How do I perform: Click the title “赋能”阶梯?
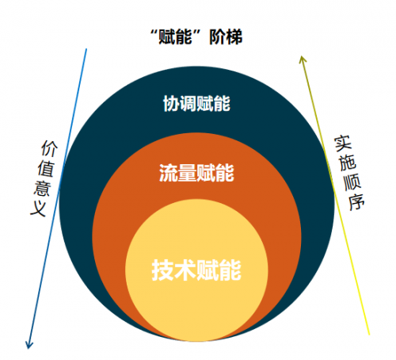coord(196,37)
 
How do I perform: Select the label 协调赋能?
coord(196,104)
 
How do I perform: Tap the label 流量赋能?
coord(196,173)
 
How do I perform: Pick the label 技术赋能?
coord(196,270)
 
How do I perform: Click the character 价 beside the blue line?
coord(49,148)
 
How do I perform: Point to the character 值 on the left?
coord(46,169)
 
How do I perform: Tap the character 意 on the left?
coord(42,189)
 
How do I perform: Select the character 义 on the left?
coord(39,209)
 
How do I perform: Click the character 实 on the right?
coord(343,144)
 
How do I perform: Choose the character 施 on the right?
coord(348,163)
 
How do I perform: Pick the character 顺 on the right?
coord(352,182)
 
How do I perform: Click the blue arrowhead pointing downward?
coord(29,344)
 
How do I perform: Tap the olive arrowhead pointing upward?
coord(303,59)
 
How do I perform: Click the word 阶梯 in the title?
coord(226,37)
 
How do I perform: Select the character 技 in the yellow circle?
coord(162,270)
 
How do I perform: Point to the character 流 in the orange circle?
coord(168,173)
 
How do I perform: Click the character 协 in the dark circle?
coord(171,104)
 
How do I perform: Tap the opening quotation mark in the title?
coord(154,33)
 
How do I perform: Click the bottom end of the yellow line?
coord(369,335)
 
